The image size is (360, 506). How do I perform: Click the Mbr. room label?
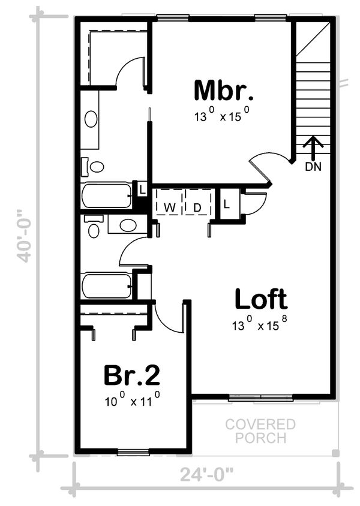pyautogui.click(x=223, y=91)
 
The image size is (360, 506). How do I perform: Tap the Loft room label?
pyautogui.click(x=260, y=299)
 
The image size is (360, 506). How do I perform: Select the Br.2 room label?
pyautogui.click(x=131, y=375)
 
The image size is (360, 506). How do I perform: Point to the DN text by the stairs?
pyautogui.click(x=313, y=167)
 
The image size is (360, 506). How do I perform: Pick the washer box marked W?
pyautogui.click(x=170, y=207)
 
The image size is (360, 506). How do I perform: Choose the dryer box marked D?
pyautogui.click(x=197, y=207)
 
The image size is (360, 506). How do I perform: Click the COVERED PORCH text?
pyautogui.click(x=260, y=431)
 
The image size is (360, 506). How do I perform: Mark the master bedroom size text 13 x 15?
pyautogui.click(x=221, y=116)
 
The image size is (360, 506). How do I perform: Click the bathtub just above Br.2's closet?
pyautogui.click(x=106, y=286)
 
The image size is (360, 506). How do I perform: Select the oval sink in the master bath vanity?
pyautogui.click(x=91, y=119)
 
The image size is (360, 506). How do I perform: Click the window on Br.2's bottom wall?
pyautogui.click(x=133, y=452)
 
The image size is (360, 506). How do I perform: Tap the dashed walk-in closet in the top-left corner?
pyautogui.click(x=114, y=55)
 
